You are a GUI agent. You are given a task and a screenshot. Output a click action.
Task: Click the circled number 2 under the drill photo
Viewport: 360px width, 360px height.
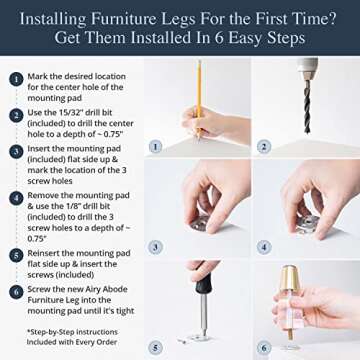(262, 146)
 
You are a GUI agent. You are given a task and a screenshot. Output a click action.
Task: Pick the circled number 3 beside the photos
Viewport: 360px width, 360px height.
(155, 246)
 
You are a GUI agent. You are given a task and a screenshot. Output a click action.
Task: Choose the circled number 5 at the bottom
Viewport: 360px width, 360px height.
(155, 346)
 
